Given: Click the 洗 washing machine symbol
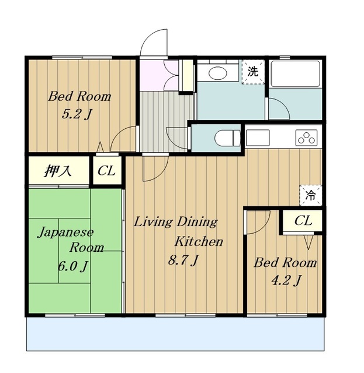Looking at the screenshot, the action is click(253, 72).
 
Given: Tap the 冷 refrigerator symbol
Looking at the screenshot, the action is click(311, 195).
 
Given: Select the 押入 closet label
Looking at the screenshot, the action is click(58, 171).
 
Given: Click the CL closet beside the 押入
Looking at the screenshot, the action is click(106, 170).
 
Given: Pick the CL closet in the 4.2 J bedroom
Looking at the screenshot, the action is click(303, 220).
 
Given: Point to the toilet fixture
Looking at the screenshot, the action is click(227, 138).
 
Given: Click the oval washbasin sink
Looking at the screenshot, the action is click(218, 73).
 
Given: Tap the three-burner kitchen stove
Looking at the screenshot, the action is click(307, 138).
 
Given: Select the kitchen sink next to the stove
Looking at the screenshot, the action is click(258, 138).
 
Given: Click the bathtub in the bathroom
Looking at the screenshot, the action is click(296, 74).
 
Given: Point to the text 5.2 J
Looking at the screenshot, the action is click(77, 114).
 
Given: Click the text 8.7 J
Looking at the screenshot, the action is click(183, 260).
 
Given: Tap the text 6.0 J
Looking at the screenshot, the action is click(72, 266).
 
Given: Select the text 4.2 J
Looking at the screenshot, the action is click(286, 280).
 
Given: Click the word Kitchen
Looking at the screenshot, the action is click(199, 241).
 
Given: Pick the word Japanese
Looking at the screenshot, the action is click(65, 233).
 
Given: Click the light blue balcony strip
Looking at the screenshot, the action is click(175, 333).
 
